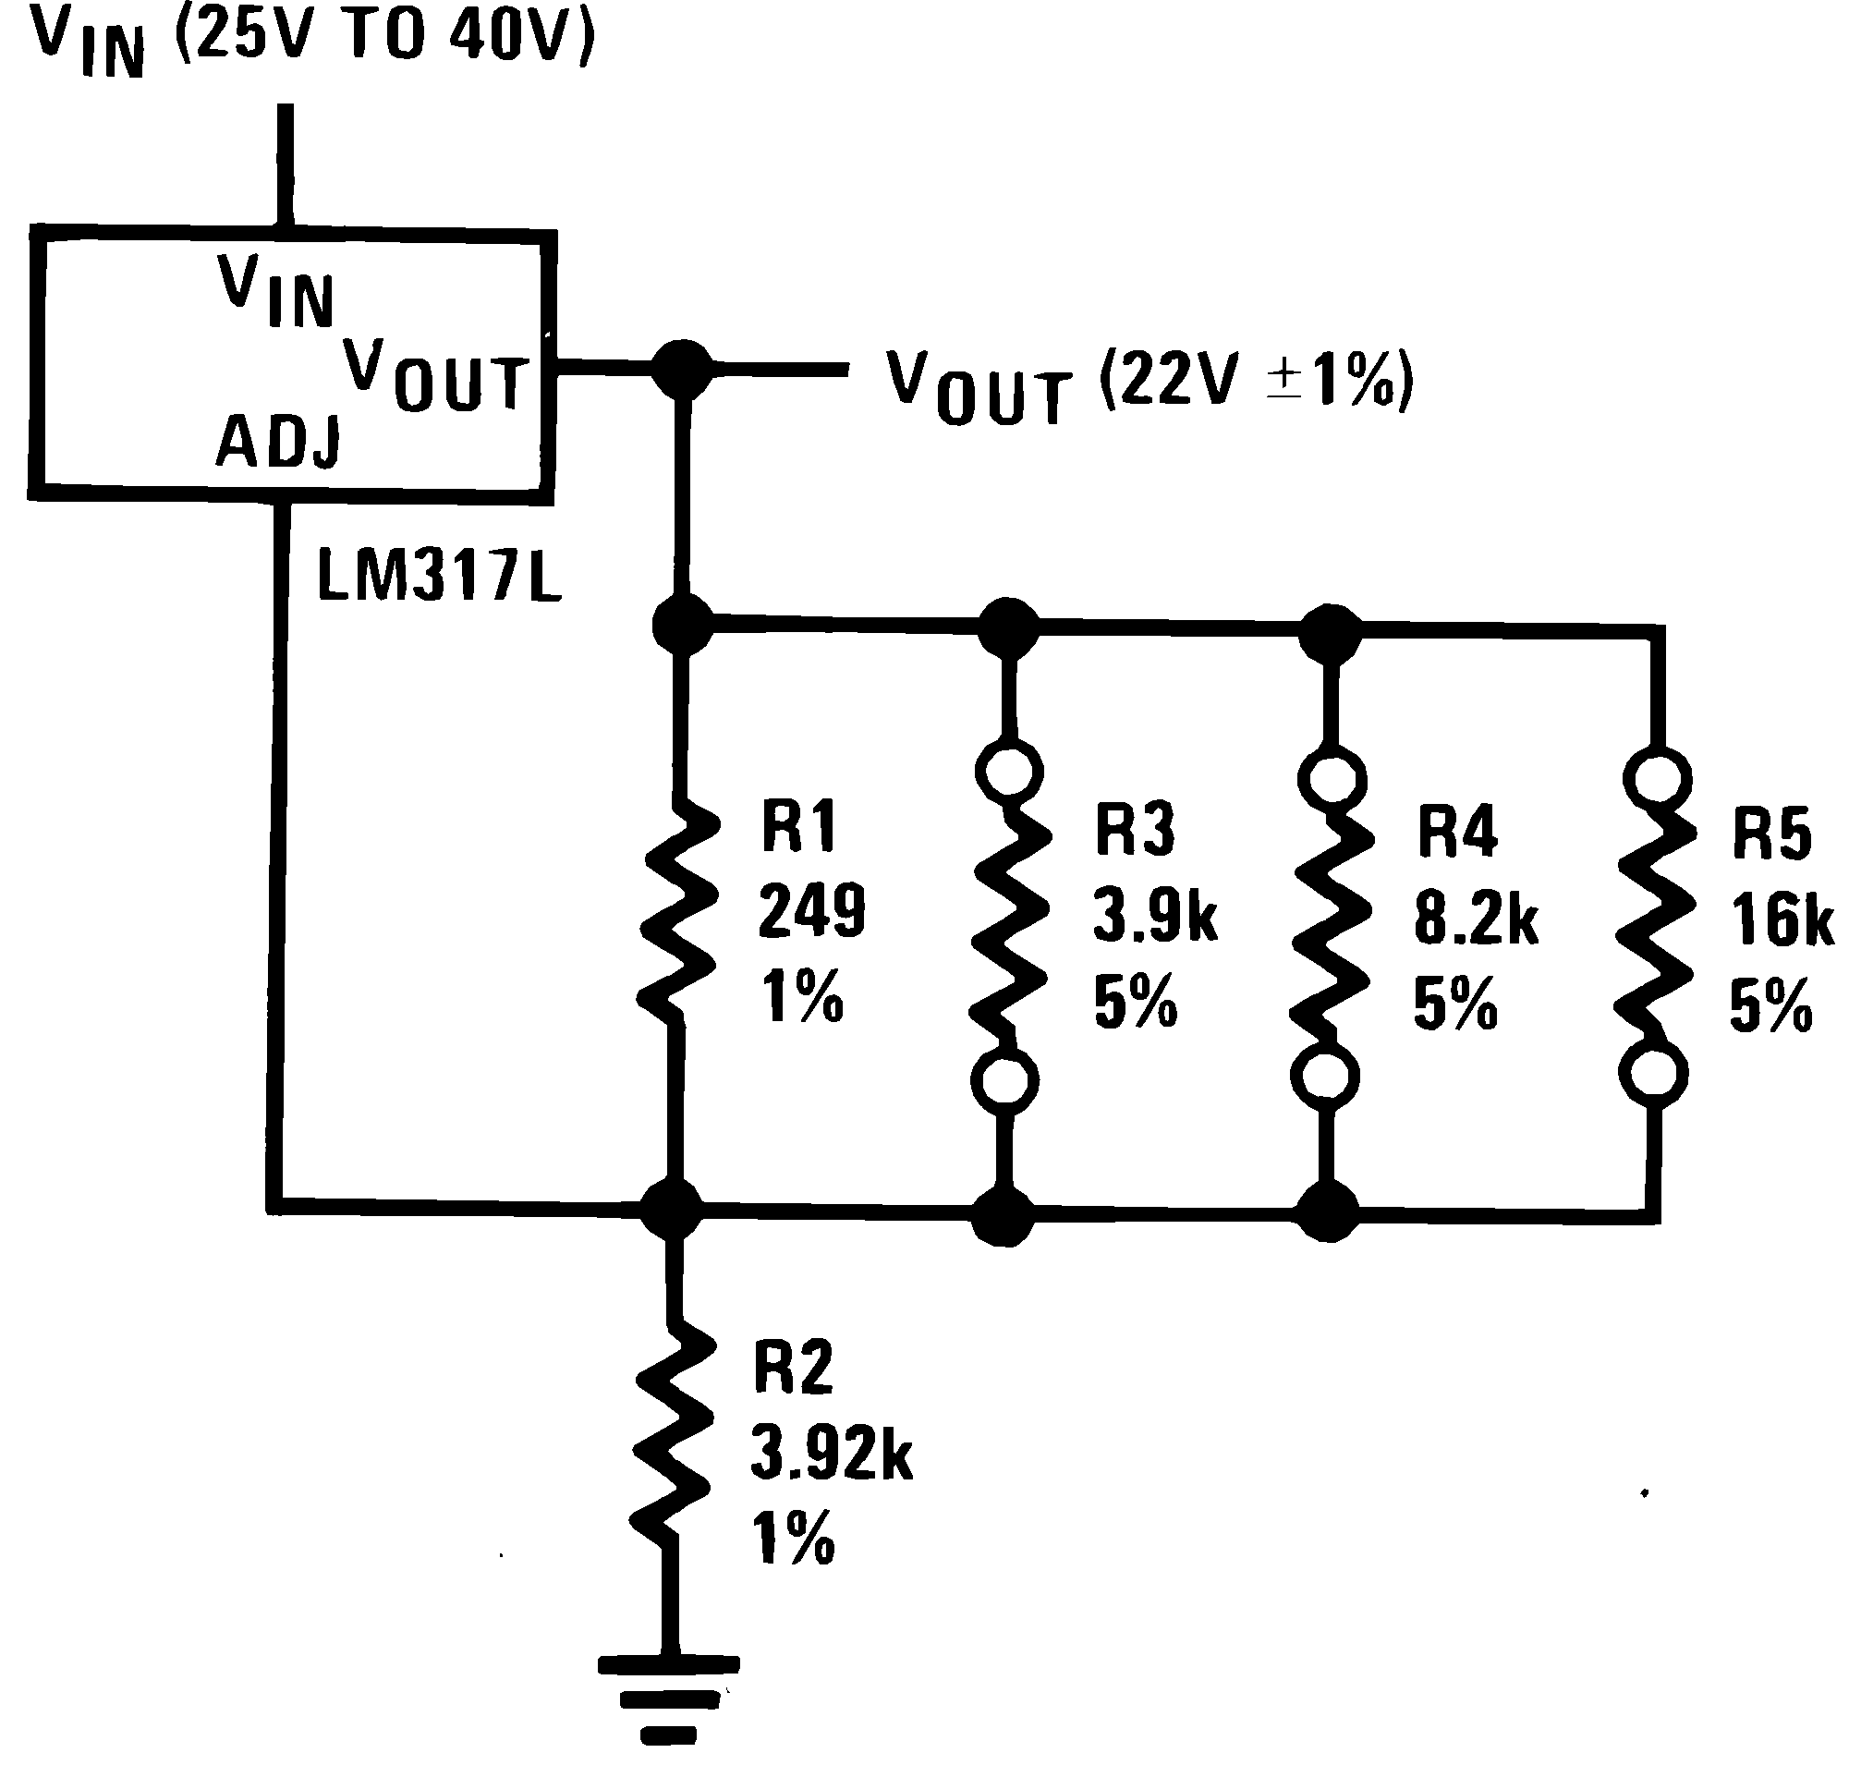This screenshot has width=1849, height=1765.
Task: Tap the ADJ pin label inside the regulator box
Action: pos(278,442)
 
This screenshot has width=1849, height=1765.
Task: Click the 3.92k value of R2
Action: pos(831,1455)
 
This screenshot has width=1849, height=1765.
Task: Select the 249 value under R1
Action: pos(811,911)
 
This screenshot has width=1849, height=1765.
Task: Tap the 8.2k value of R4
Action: pos(1476,919)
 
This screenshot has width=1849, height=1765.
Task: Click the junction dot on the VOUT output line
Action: pos(682,369)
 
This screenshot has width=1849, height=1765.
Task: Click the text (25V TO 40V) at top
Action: pos(383,36)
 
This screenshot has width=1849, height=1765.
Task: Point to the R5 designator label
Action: pos(1770,834)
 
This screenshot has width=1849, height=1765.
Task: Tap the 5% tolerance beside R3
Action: pos(1135,1001)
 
